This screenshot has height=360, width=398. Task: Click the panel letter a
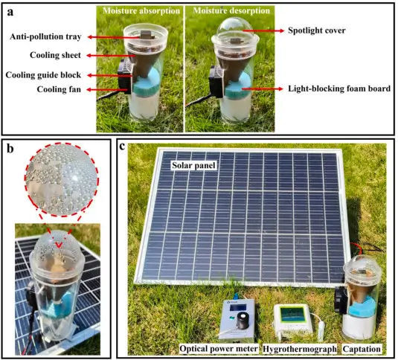click(10, 12)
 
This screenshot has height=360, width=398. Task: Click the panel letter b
click(10, 149)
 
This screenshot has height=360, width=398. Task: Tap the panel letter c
click(122, 147)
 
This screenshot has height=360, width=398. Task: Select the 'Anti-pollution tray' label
click(45, 36)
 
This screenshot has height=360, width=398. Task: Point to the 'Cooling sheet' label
click(55, 55)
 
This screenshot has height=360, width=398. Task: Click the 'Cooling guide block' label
click(43, 75)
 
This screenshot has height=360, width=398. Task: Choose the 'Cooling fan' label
click(59, 89)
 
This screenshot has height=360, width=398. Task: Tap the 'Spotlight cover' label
click(316, 30)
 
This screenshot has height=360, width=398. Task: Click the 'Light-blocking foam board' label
click(339, 89)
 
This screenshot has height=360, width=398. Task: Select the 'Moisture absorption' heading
click(141, 11)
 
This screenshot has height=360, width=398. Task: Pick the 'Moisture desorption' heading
click(231, 10)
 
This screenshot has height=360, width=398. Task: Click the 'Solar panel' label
click(193, 165)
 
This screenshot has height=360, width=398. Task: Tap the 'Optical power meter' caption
click(219, 349)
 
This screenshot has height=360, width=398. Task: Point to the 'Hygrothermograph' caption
click(300, 349)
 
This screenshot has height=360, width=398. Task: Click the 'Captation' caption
click(362, 349)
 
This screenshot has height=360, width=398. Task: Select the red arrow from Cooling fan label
click(108, 89)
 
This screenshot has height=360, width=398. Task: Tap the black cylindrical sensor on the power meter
click(243, 321)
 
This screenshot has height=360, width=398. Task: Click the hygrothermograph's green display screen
click(292, 315)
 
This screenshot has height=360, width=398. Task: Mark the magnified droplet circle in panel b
click(62, 179)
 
